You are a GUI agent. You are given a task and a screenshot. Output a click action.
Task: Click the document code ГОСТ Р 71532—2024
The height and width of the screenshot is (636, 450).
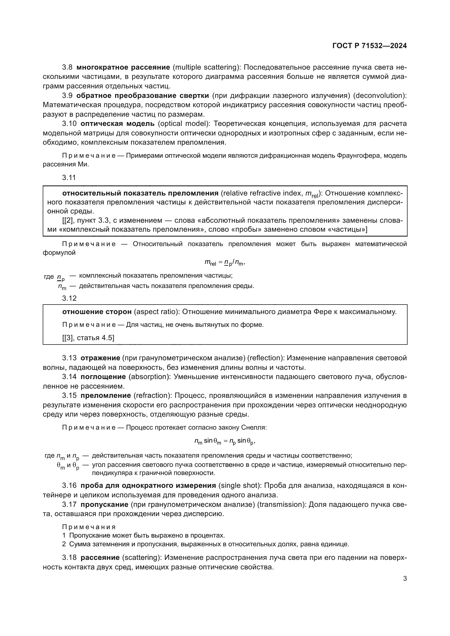pyautogui.click(x=369, y=46)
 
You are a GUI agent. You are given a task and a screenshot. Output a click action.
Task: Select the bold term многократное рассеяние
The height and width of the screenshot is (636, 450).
pyautogui.click(x=123, y=67)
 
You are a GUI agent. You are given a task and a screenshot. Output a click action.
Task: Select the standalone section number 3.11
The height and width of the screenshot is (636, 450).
pyautogui.click(x=69, y=178)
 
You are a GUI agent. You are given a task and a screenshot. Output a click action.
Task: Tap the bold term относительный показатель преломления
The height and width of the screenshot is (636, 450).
pyautogui.click(x=140, y=193)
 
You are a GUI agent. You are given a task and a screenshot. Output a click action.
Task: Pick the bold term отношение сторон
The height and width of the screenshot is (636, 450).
pyautogui.click(x=97, y=312)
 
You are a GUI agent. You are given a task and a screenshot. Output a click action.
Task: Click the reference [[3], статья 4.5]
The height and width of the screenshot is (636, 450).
pyautogui.click(x=88, y=338)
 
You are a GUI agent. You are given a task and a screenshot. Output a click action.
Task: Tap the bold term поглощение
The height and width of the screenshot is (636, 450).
pyautogui.click(x=103, y=377)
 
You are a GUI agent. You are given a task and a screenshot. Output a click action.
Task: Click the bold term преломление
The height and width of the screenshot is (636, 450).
pyautogui.click(x=106, y=396)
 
